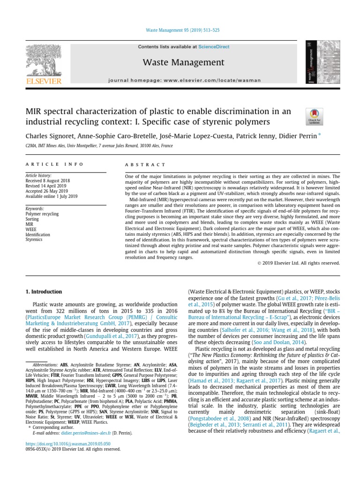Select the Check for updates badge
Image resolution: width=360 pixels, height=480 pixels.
[314, 116]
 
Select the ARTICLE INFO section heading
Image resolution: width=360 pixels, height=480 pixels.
[54, 165]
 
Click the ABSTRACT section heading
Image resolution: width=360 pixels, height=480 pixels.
[145, 165]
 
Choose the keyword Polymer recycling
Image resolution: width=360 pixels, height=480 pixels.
[42, 214]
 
